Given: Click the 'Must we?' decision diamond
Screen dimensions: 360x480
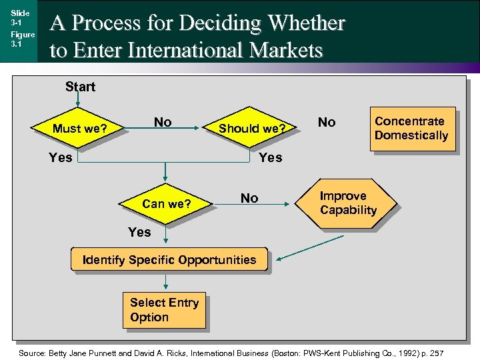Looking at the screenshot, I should (79, 128).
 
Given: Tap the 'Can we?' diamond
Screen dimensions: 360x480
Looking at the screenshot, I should (166, 204).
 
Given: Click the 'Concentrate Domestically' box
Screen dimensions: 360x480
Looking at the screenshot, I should (412, 129).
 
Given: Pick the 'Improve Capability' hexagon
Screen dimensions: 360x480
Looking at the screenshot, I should (347, 203).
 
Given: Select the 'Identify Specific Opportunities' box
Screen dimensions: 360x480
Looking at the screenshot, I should (169, 259).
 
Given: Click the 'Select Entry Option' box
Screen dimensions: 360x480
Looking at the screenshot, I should (164, 310).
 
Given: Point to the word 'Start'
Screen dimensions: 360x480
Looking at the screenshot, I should (80, 87).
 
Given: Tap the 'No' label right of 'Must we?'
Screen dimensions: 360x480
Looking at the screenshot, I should (163, 122).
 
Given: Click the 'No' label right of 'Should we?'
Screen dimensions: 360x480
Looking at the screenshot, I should (327, 122).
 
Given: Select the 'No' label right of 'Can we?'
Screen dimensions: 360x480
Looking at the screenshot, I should (249, 198).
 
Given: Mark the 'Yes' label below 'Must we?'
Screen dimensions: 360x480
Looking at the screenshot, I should (61, 157).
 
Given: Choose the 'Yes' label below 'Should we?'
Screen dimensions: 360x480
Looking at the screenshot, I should (270, 157).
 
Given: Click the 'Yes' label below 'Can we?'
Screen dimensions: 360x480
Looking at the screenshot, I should (139, 232).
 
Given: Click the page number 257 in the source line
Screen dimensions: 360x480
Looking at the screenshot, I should (434, 352).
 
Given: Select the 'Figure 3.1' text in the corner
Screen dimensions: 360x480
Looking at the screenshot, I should (22, 39).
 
